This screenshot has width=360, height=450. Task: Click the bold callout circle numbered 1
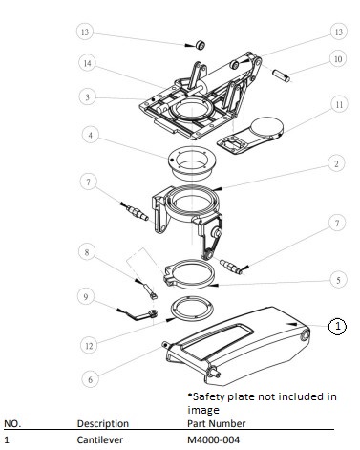click(x=337, y=326)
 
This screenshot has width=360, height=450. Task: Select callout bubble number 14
click(x=87, y=64)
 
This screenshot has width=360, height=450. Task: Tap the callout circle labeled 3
click(x=87, y=97)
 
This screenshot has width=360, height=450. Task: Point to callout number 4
click(x=91, y=135)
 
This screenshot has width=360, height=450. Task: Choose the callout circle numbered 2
click(x=336, y=163)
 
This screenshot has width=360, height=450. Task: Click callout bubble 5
click(x=338, y=280)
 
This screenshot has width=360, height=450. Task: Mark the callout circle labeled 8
click(x=87, y=253)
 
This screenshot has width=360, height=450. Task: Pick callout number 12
click(x=89, y=346)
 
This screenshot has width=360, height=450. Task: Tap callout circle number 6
click(x=90, y=379)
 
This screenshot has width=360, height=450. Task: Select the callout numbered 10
click(x=338, y=59)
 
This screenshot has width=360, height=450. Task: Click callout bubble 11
click(x=339, y=104)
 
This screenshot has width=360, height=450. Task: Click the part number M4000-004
click(x=213, y=439)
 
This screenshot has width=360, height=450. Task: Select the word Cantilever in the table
click(x=99, y=439)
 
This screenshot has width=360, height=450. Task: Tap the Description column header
click(x=103, y=423)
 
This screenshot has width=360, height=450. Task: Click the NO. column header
click(x=12, y=424)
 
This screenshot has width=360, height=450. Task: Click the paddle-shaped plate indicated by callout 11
click(x=251, y=136)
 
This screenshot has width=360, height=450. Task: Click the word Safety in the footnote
click(x=206, y=397)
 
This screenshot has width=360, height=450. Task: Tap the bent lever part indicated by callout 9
click(x=142, y=315)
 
